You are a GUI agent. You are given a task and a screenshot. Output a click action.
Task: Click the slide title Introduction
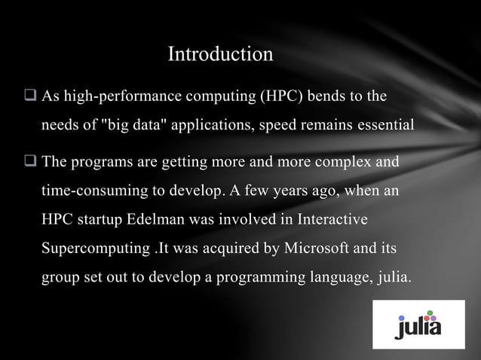tap(219, 55)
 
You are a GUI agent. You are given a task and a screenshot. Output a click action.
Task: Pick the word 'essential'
tap(381, 125)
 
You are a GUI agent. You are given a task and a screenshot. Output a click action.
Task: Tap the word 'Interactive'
tap(329, 220)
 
